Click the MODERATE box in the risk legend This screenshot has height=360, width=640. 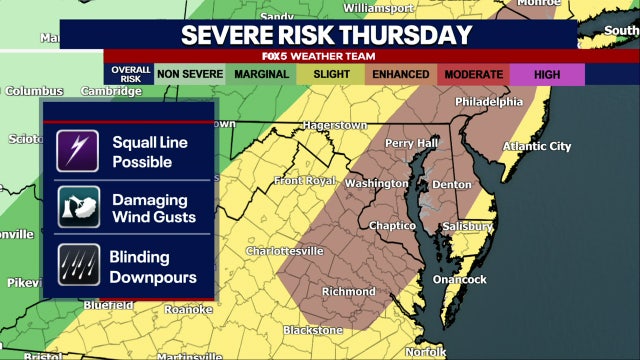(x=473, y=74)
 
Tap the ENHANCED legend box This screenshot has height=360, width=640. (x=400, y=74)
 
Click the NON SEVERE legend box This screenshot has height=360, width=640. (x=189, y=74)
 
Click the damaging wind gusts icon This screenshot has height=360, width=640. (x=77, y=207)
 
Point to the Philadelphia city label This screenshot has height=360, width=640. (x=488, y=102)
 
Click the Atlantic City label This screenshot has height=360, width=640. (x=536, y=146)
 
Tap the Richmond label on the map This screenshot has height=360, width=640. (x=349, y=291)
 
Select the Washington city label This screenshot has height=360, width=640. (x=376, y=184)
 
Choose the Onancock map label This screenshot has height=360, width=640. (x=459, y=279)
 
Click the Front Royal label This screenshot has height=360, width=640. (x=306, y=180)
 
